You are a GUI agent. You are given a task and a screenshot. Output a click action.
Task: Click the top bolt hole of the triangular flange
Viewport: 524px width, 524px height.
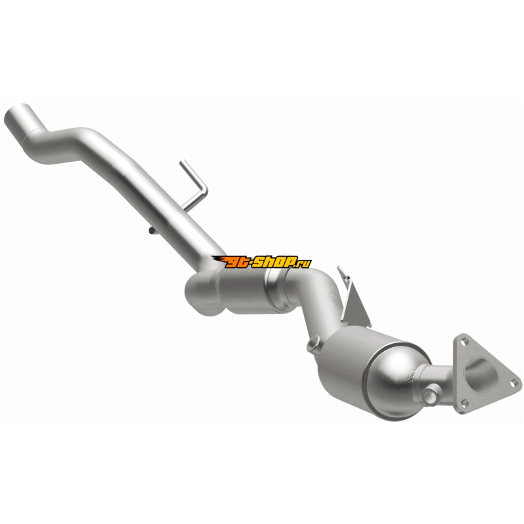coord(463,341)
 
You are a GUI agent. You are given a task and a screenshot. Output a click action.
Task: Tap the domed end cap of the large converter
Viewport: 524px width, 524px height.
coord(394,381)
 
